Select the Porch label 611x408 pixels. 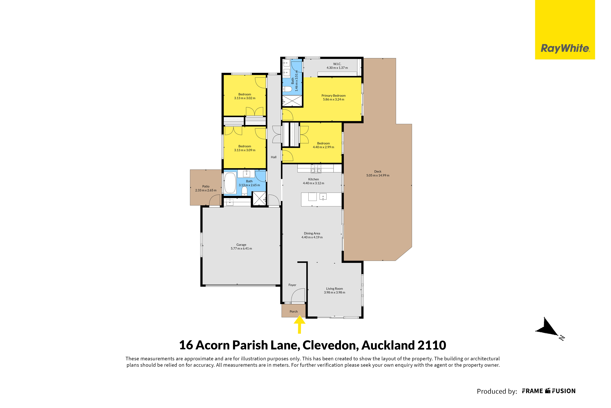tap(294, 311)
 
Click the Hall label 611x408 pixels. tap(274, 157)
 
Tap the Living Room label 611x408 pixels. tap(334, 289)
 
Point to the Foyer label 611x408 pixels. tap(292, 285)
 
